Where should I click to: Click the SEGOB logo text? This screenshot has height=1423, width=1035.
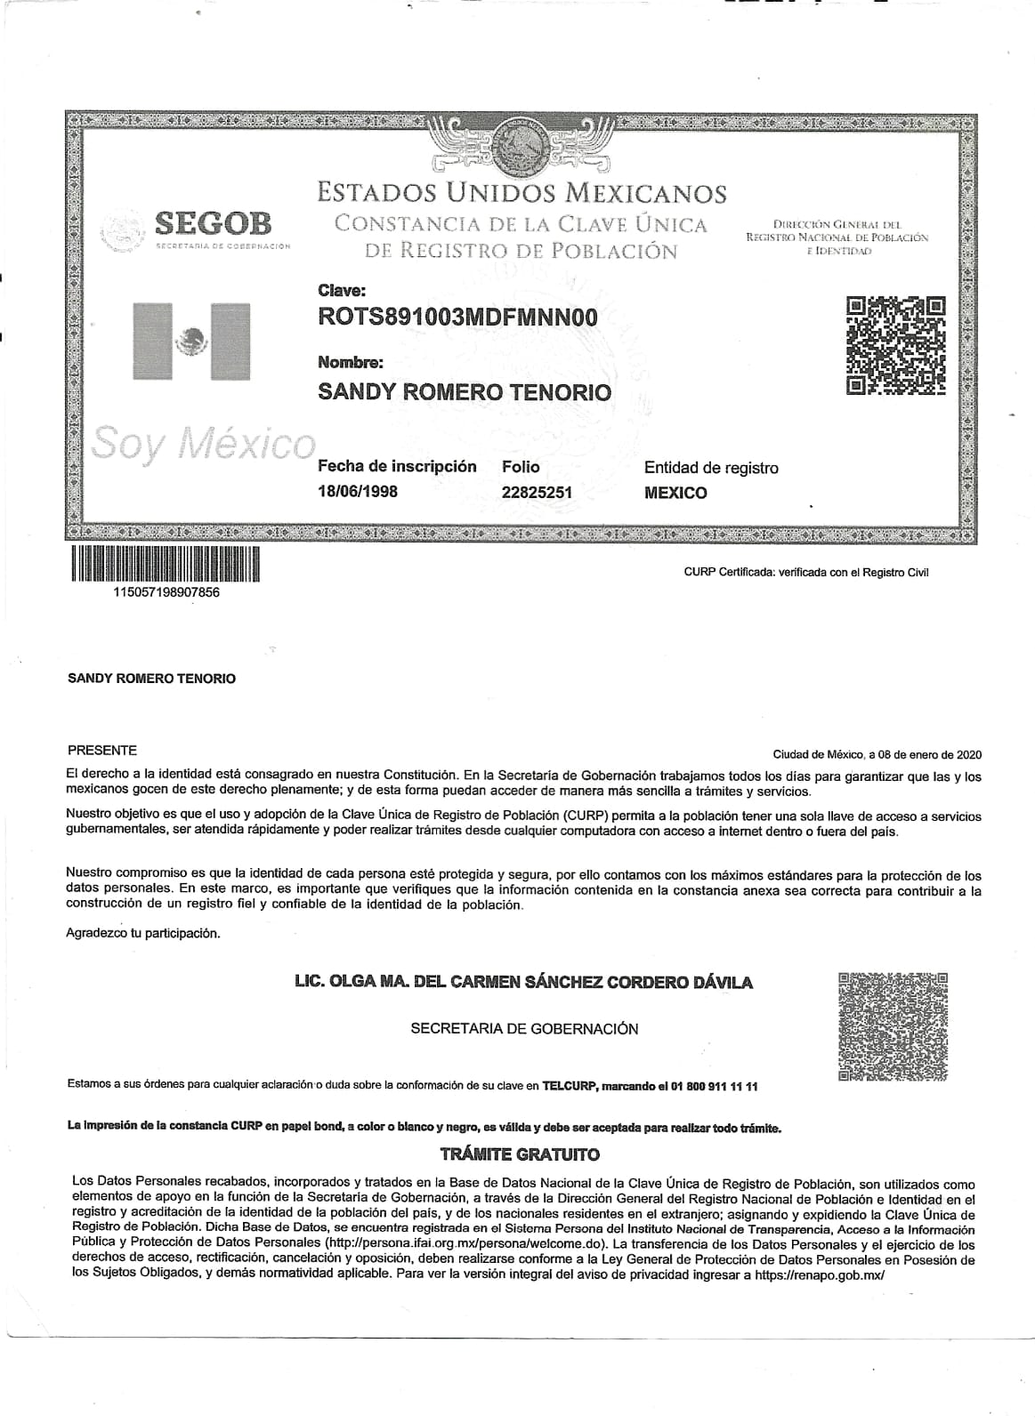[x=213, y=222]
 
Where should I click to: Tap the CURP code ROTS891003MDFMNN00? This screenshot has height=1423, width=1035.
[x=457, y=318]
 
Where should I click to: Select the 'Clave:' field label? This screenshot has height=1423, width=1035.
[x=341, y=290]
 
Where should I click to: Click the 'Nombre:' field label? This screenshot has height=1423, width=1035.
[x=351, y=363]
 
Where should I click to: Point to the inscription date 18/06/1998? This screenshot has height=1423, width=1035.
[x=358, y=492]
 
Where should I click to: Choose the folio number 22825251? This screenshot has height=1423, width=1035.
[x=537, y=492]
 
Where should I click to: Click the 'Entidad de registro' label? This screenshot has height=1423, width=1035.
[x=711, y=468]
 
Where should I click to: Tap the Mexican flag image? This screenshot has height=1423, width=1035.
[x=191, y=342]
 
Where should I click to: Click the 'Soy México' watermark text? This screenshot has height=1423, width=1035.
[x=204, y=442]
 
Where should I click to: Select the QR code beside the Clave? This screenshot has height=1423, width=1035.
[x=894, y=345]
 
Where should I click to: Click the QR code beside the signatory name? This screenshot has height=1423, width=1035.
[x=893, y=1027]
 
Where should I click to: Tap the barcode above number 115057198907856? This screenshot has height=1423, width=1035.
[x=166, y=563]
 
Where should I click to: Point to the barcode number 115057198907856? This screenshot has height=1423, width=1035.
[x=166, y=593]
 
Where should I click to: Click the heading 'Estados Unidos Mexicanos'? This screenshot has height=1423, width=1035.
[x=522, y=192]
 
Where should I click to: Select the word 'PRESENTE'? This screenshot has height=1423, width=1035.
[x=101, y=751]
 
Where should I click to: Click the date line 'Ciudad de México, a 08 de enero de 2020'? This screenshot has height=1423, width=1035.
[x=877, y=754]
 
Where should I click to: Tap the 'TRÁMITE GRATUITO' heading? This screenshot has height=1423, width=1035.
[x=521, y=1155]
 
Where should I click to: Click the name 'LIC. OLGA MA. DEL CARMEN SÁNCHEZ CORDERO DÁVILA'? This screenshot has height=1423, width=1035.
[x=523, y=983]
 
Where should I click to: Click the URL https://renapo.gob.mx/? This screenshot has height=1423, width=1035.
[x=820, y=1274]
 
